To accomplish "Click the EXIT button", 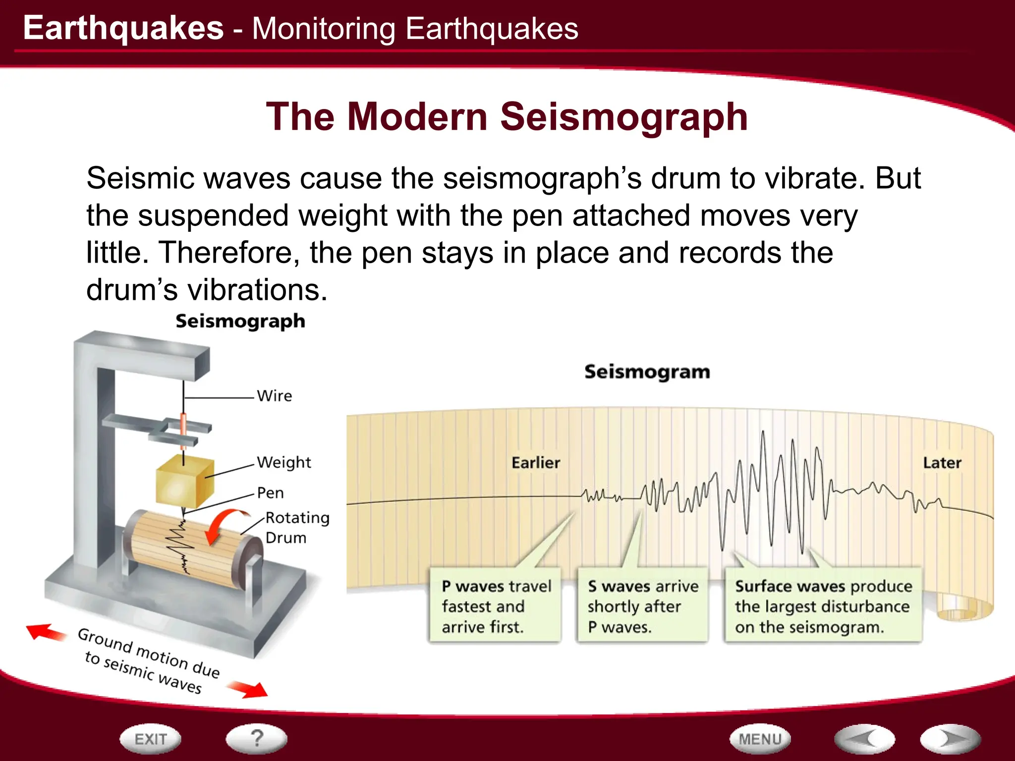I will pos(150,739).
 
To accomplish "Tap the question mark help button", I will pos(256,739).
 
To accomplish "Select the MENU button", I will pos(760,739).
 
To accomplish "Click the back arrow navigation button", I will pos(864,739).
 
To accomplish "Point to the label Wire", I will pos(274,396).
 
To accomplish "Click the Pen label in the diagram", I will pos(270,493).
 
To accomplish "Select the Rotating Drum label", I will pos(296,527).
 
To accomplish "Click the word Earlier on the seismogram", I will pos(535,463).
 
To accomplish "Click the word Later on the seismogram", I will pos(942,463).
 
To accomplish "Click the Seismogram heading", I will pos(647,372).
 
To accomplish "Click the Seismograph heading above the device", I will pos(240,321).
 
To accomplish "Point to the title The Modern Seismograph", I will pos(507,117).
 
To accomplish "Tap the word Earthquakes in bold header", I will pos(123,28).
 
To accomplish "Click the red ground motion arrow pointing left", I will pos(46,632).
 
